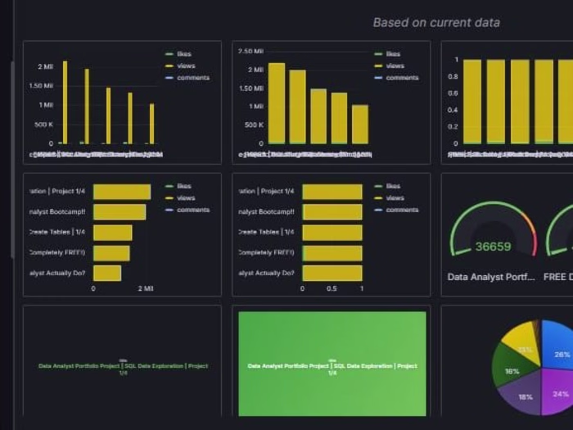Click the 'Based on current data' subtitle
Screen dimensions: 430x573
click(435, 23)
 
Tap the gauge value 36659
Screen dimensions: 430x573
click(493, 247)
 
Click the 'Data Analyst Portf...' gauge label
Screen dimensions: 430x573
click(491, 277)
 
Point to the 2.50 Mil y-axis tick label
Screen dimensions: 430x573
click(250, 52)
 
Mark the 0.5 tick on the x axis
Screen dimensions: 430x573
click(332, 288)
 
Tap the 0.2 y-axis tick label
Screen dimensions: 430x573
click(453, 127)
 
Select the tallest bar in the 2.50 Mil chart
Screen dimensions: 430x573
click(277, 103)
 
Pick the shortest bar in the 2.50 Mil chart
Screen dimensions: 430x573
click(360, 124)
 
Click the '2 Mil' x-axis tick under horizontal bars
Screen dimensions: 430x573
click(145, 288)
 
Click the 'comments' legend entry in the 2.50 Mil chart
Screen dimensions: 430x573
click(402, 78)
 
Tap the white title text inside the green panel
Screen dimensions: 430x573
click(332, 368)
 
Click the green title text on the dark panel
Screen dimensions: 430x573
click(123, 368)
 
